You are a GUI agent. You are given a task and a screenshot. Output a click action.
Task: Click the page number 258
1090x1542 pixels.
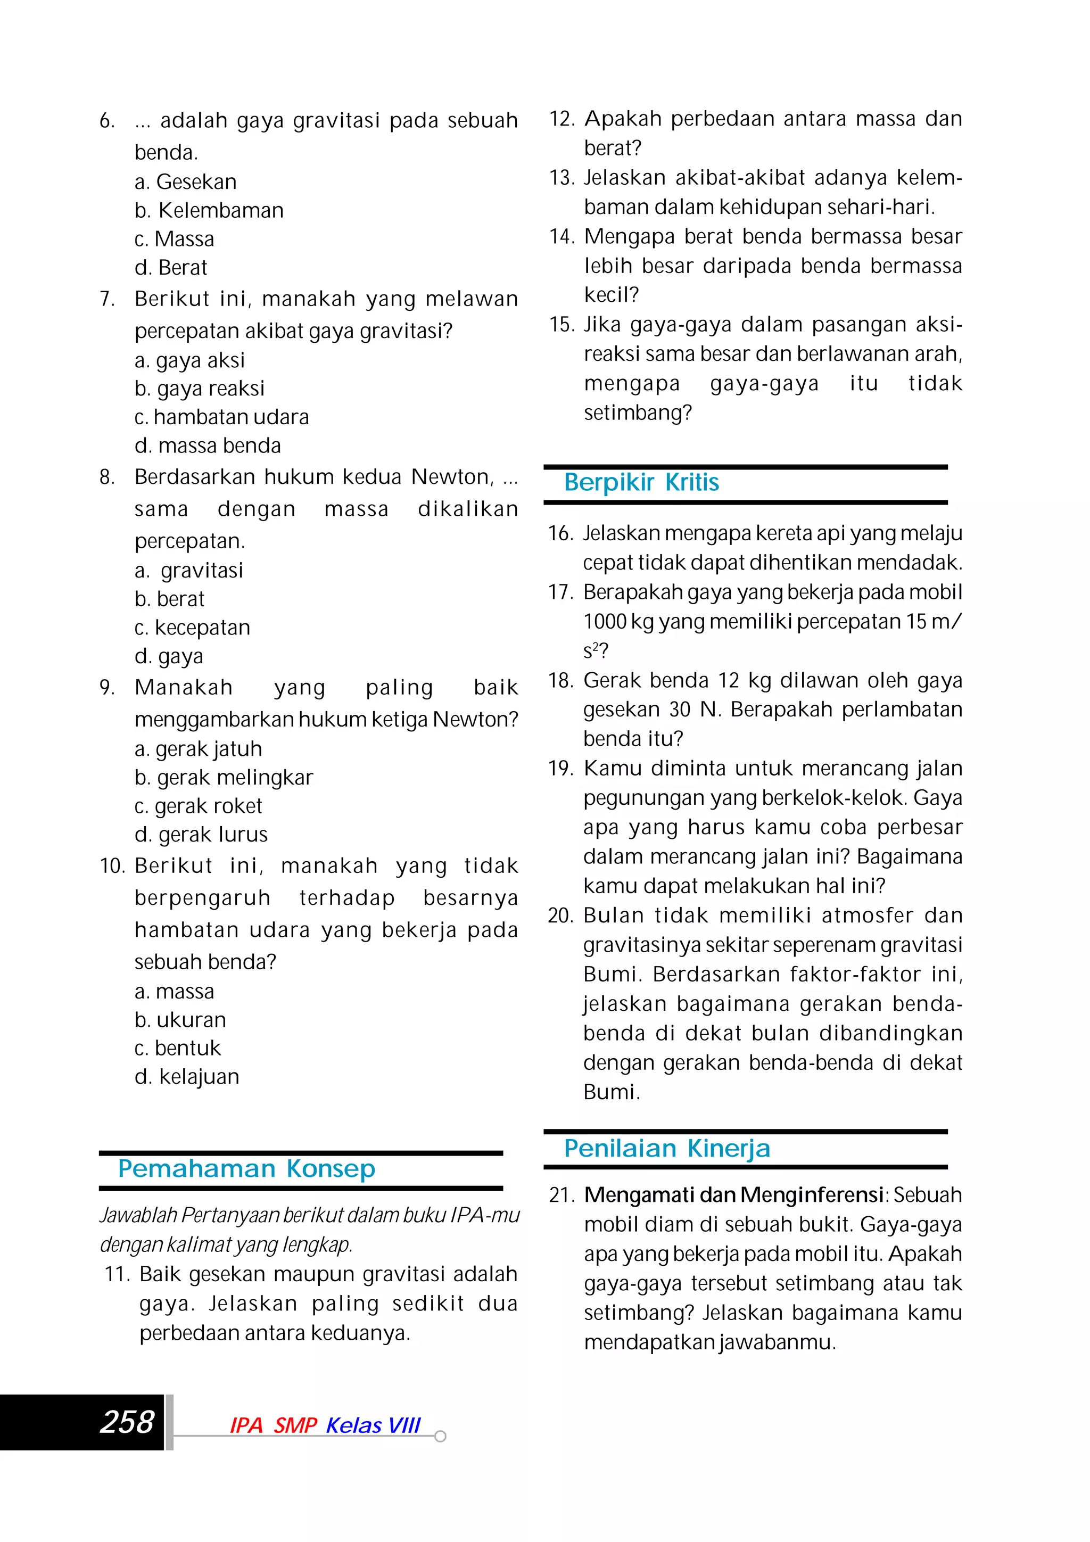127,1422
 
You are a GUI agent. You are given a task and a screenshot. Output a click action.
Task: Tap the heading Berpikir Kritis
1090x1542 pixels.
641,483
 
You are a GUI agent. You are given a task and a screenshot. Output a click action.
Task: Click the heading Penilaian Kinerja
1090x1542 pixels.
666,1149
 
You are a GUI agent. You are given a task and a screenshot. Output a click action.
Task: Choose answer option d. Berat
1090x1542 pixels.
171,268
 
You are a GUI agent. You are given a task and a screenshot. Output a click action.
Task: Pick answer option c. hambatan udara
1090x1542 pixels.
221,418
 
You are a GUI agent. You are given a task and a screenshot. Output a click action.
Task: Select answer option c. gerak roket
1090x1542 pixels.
198,806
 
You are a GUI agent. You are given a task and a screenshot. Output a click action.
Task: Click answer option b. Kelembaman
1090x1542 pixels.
209,211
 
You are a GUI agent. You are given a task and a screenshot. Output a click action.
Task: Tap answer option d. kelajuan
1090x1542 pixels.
187,1077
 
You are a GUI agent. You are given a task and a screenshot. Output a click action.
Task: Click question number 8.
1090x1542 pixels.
107,477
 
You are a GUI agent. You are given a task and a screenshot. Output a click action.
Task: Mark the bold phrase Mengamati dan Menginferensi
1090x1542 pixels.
733,1195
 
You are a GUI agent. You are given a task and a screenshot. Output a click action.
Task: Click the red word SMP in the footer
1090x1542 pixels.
295,1425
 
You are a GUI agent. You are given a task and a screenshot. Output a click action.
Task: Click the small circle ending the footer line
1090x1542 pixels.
441,1437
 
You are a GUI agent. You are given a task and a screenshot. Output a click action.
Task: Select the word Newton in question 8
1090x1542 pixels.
451,477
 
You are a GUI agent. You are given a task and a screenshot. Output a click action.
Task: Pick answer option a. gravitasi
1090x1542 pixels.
189,571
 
